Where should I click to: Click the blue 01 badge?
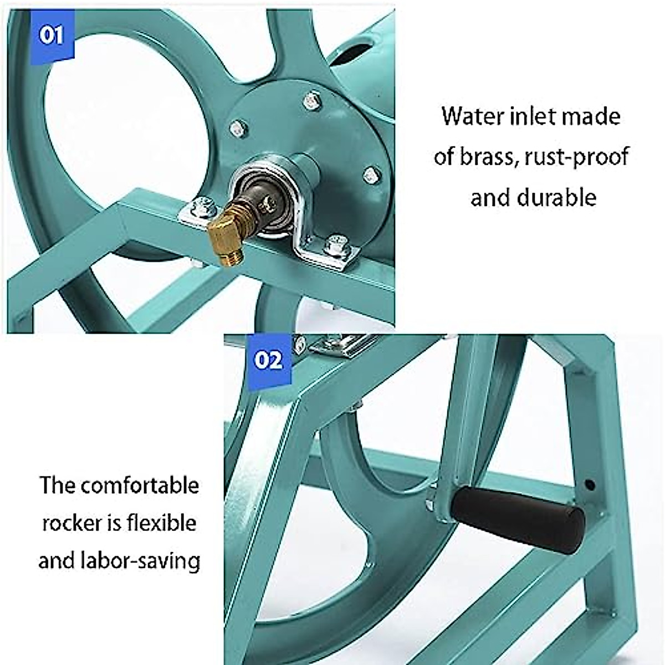(x=51, y=37)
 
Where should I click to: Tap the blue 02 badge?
(x=268, y=361)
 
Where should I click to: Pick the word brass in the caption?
(x=488, y=157)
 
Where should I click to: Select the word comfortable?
(x=139, y=485)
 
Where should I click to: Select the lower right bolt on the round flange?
(x=372, y=176)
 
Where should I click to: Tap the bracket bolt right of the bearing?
(x=336, y=245)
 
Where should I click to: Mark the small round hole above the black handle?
(x=590, y=485)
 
